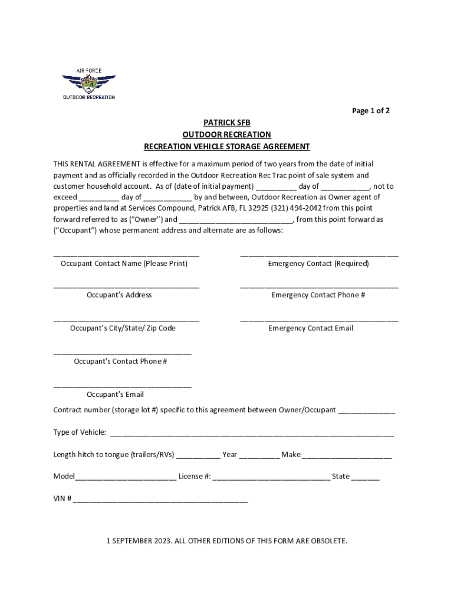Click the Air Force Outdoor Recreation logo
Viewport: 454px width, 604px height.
click(89, 84)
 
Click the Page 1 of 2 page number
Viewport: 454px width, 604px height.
click(370, 110)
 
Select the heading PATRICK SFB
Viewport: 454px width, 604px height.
click(227, 123)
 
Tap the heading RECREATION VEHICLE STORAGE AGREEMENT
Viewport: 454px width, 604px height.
click(227, 146)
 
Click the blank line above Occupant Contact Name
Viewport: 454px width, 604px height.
click(126, 255)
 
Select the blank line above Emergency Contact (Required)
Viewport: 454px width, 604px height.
click(319, 255)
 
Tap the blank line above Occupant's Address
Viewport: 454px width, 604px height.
click(126, 287)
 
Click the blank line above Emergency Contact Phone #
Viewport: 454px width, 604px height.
click(319, 287)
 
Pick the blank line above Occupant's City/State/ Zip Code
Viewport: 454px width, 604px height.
click(126, 320)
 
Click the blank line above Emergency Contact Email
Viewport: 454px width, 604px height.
click(319, 320)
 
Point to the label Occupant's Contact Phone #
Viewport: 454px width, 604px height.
click(120, 361)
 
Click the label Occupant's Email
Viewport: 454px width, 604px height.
click(115, 394)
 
